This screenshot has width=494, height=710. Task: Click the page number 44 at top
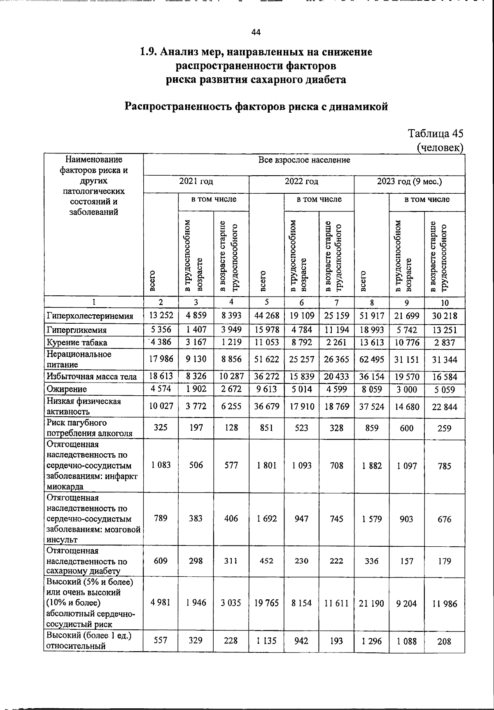256,32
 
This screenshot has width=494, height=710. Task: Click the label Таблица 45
436,134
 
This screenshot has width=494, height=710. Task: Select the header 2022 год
301,181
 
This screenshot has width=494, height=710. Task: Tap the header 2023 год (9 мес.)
409,181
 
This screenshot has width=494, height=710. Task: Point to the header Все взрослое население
304,160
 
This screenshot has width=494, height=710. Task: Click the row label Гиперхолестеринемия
90,316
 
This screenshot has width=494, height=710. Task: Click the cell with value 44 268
266,316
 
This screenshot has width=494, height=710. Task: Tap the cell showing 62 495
371,360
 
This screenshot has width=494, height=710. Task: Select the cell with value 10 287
231,376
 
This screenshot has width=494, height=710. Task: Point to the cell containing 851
266,428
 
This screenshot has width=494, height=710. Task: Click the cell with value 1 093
301,466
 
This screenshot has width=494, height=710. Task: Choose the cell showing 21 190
371,603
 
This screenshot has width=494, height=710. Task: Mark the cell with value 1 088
407,641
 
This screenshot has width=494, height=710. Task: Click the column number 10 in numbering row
445,303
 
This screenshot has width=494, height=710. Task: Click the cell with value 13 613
371,342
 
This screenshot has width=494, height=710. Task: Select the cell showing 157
407,561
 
